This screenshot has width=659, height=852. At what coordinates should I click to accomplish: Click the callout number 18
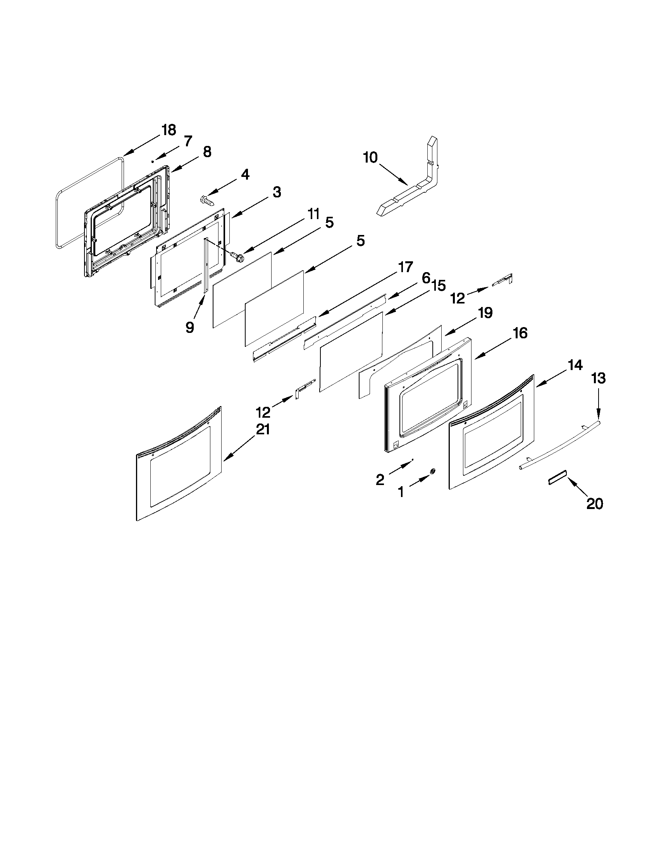(x=169, y=130)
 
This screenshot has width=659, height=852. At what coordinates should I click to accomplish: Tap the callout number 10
(x=370, y=158)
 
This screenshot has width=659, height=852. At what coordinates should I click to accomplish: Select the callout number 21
(x=263, y=429)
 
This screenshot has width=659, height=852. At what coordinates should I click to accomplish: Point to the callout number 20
(x=595, y=504)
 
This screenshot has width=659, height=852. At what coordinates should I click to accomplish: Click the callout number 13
(x=599, y=378)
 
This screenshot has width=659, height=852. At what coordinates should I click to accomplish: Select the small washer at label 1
(x=433, y=471)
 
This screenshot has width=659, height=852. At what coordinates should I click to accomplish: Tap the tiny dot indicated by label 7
(x=153, y=161)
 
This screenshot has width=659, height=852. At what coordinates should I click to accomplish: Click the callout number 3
(x=276, y=192)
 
